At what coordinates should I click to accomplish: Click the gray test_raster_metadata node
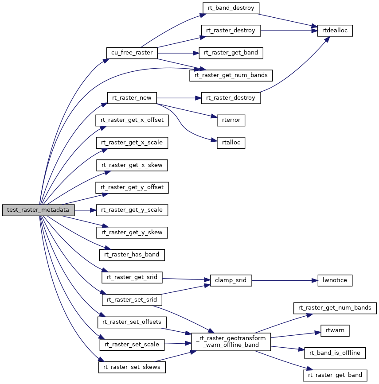click(38, 210)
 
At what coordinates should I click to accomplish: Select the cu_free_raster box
click(132, 53)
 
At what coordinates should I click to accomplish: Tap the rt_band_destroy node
click(231, 8)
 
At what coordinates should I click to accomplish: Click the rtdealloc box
click(335, 31)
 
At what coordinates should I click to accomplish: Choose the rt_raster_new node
click(132, 98)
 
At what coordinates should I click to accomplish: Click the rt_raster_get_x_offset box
click(132, 120)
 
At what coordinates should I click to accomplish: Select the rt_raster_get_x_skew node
click(132, 165)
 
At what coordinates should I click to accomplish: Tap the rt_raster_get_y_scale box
click(132, 210)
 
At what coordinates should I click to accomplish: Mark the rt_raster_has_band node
click(132, 255)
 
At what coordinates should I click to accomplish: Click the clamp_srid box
click(231, 280)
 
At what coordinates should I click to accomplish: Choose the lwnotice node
click(335, 280)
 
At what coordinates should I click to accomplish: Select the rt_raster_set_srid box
click(132, 300)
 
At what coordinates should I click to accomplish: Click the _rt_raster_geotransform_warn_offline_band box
click(231, 342)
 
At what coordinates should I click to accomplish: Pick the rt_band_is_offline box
click(335, 353)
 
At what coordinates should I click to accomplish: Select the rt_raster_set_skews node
click(132, 367)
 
